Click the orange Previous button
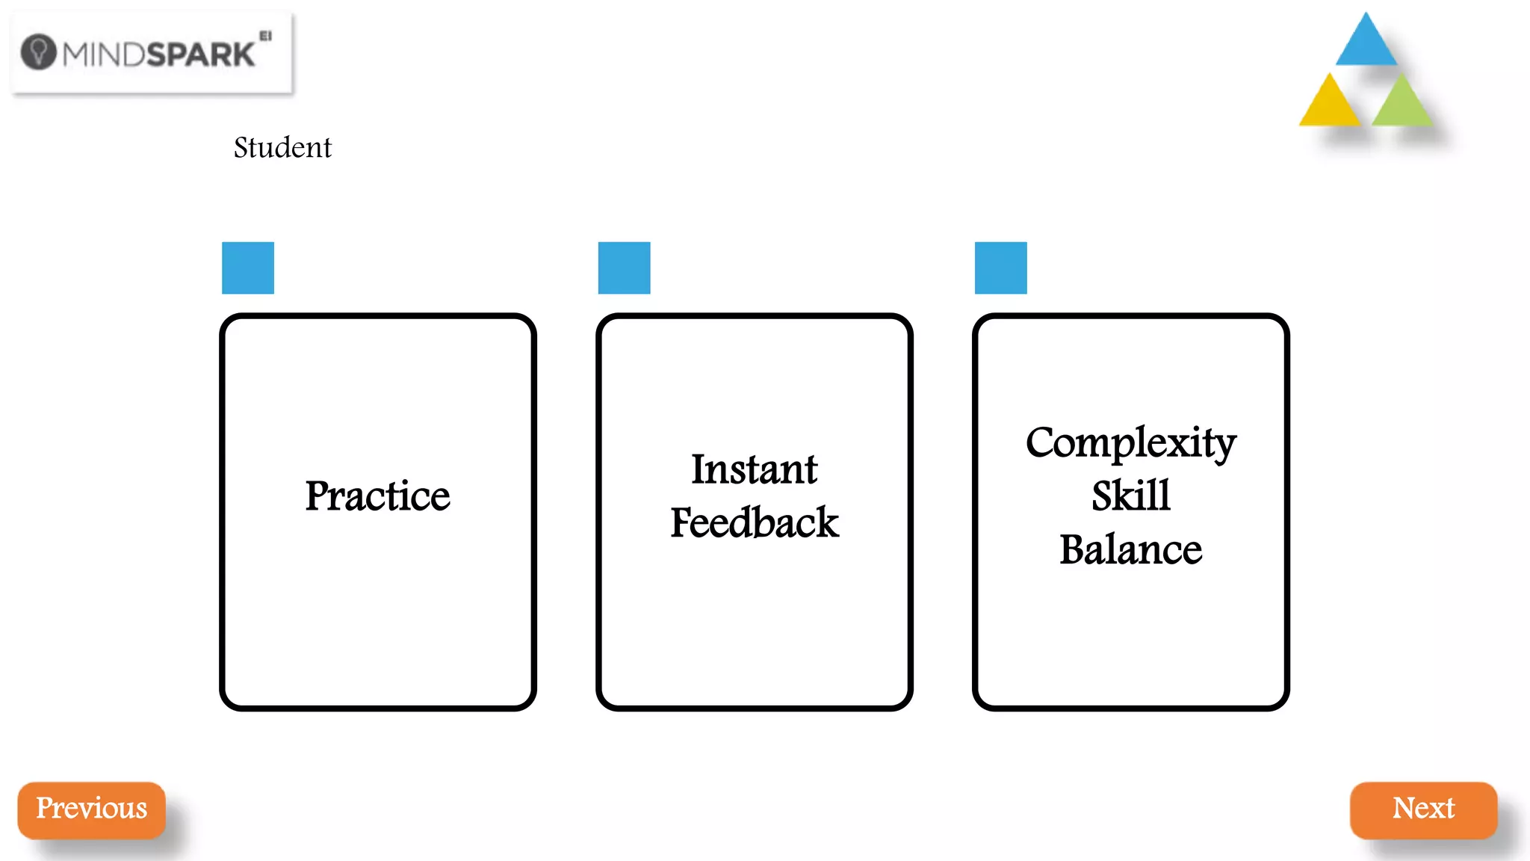coord(91,810)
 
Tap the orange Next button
coord(1423,810)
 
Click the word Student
coord(282,148)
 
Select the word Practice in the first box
coord(377,496)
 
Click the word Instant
coord(754,470)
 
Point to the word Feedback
coord(754,522)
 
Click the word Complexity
coord(1130,443)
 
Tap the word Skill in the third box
coord(1130,496)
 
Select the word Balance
coord(1130,550)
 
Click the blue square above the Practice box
coord(248,268)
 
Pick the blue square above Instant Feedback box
coord(625,268)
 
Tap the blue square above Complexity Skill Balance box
coord(1001,268)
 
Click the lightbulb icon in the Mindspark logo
coord(38,52)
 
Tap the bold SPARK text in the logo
coord(200,55)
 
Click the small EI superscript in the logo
coord(265,35)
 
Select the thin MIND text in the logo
coord(104,55)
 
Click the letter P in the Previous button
coord(44,808)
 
